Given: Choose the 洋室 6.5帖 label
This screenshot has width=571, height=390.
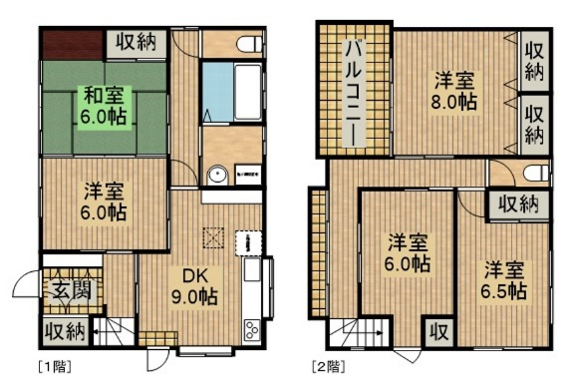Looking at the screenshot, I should coord(504,280).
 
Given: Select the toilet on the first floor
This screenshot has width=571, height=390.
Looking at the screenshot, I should coord(246,44).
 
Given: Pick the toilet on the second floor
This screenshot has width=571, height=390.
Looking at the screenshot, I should coord(535,174).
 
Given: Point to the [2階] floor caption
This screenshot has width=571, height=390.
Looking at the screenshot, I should coord(328,366).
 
